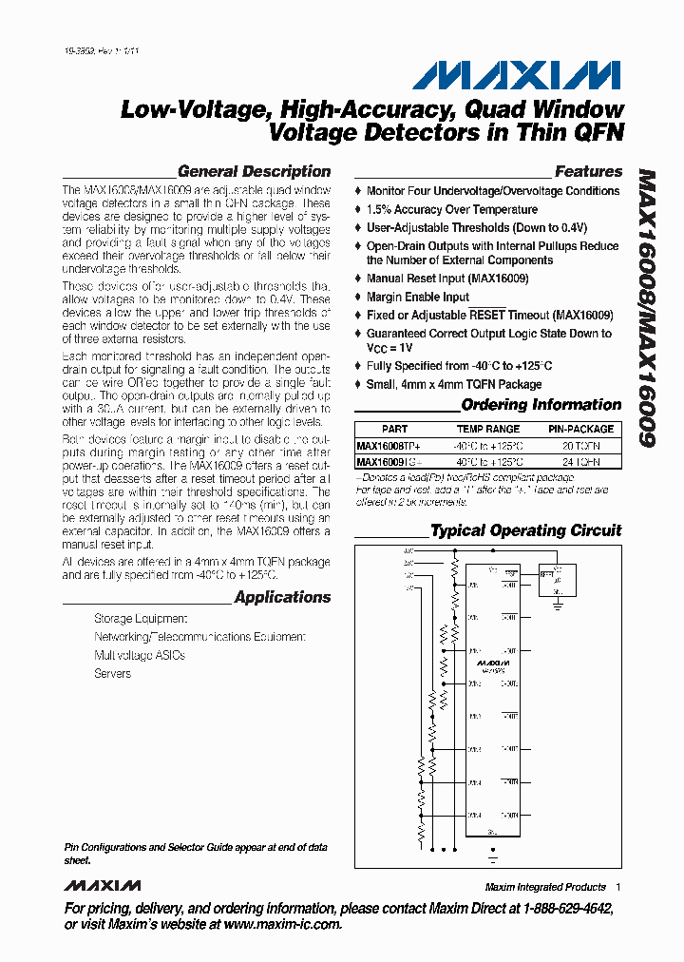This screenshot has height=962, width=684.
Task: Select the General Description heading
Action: tap(254, 172)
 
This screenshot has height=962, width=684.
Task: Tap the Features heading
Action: tap(588, 172)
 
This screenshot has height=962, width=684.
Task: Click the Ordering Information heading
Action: tap(541, 405)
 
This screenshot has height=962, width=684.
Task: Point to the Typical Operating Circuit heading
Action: tap(525, 530)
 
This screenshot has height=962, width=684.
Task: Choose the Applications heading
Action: tap(282, 597)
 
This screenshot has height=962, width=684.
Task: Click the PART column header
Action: tap(394, 429)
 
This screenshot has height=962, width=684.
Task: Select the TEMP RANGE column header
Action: tap(488, 429)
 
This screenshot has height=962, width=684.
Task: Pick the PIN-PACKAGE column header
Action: tap(580, 429)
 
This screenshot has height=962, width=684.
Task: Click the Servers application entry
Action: tap(112, 674)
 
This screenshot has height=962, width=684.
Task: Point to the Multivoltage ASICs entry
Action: tap(139, 656)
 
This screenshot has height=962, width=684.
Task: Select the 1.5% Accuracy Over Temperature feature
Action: tap(451, 209)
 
